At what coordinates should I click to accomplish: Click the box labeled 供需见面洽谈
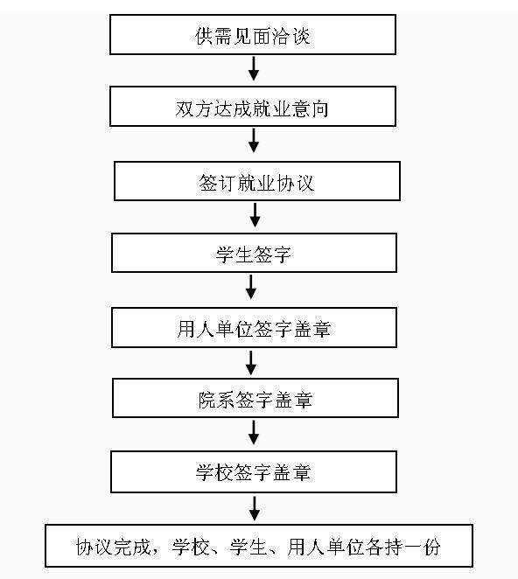[253, 35]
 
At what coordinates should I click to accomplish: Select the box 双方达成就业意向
[253, 107]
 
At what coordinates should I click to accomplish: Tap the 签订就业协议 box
[257, 181]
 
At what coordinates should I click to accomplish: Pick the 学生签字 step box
[255, 253]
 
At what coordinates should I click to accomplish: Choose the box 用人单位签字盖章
[255, 327]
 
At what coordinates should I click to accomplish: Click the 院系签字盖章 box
[255, 398]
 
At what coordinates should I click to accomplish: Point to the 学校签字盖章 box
[254, 472]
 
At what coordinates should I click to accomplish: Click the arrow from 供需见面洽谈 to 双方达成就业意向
[254, 69]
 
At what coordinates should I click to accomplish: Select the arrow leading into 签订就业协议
[254, 140]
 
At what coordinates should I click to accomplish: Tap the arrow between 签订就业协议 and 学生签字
[255, 215]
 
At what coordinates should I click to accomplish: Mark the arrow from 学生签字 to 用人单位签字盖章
[251, 287]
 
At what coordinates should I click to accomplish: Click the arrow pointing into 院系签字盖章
[251, 363]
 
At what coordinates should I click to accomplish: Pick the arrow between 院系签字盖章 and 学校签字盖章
[254, 432]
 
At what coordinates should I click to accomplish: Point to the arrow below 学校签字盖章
[255, 508]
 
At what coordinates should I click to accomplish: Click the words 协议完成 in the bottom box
[113, 547]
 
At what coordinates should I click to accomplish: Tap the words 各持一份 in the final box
[402, 547]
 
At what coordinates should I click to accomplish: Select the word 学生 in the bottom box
[248, 547]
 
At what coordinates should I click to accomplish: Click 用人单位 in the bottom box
[325, 547]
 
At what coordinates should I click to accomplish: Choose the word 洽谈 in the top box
[290, 36]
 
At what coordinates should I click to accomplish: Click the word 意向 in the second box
[310, 109]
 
